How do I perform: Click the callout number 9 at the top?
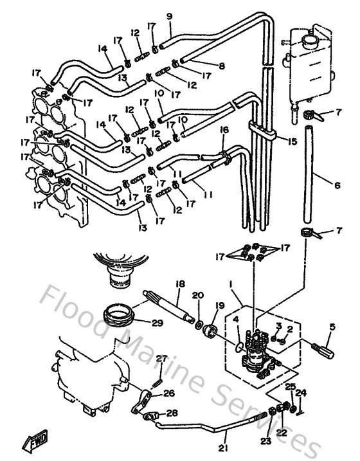click(169, 16)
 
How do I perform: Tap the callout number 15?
click(293, 141)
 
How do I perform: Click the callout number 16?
click(224, 130)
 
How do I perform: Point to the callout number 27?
click(162, 358)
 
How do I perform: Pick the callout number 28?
click(172, 413)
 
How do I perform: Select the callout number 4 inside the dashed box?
click(236, 318)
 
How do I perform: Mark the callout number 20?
click(198, 295)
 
